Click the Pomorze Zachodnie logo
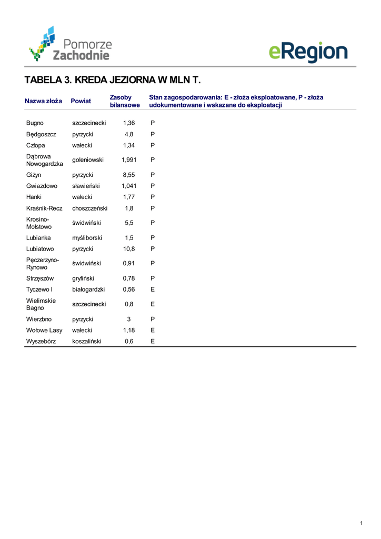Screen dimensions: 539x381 tap(71, 44)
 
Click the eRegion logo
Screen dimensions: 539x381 tap(308, 52)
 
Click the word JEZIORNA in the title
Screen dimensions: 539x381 tap(132, 81)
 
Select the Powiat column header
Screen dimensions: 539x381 tap(81, 101)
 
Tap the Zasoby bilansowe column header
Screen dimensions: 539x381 tap(125, 101)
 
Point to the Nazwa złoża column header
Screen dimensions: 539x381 tap(43, 101)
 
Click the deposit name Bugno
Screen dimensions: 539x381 tap(35, 123)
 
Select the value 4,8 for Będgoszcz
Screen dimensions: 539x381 tap(129, 134)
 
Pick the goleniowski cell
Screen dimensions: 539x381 tap(88, 160)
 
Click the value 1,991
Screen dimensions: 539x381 tap(129, 160)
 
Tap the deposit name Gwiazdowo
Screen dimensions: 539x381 tap(42, 186)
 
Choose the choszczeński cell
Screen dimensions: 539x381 tap(89, 208)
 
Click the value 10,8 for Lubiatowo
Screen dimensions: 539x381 tap(129, 248)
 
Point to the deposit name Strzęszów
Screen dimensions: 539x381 tap(40, 278)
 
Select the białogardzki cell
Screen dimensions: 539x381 tap(88, 290)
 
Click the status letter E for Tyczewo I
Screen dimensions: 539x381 tap(153, 290)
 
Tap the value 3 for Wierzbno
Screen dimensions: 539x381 tap(129, 319)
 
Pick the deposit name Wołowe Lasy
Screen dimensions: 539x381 tap(44, 331)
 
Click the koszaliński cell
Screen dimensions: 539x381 tap(87, 342)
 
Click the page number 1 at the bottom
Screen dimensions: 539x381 tap(362, 523)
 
